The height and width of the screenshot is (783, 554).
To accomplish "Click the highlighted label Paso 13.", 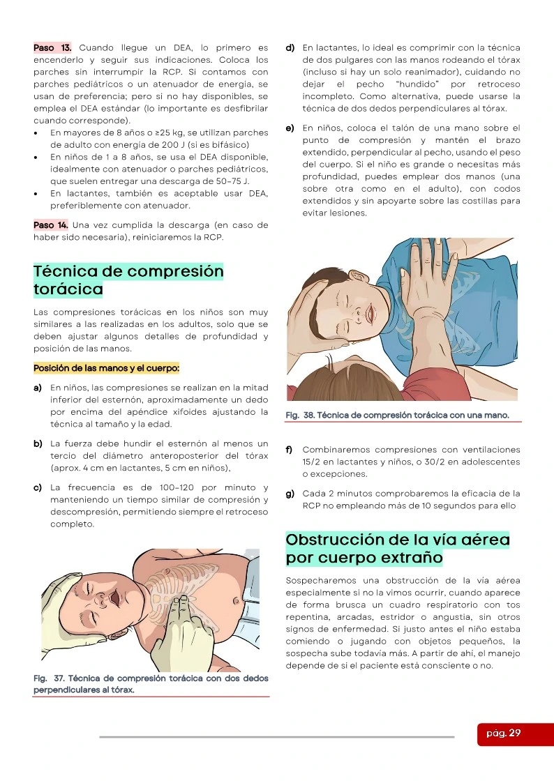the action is coord(52,48).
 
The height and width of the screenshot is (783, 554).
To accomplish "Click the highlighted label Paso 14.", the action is coord(50,225).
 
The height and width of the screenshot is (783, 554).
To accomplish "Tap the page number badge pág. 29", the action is coord(504,733).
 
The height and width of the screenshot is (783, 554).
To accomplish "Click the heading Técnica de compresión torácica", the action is coord(128,280).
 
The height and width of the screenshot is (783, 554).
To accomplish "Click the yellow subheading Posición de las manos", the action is coord(106,369).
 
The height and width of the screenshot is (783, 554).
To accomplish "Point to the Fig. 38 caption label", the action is coord(397,416).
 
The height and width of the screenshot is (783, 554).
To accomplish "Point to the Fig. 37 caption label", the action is coord(151,684).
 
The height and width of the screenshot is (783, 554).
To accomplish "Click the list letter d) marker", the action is coord(290,48).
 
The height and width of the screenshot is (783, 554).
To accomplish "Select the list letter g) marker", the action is coord(290,494).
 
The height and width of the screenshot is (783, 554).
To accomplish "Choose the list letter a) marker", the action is coord(38,388).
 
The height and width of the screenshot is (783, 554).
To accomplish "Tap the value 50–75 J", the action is coord(237,181).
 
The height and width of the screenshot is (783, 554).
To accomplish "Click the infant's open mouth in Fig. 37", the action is coord(114,598).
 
